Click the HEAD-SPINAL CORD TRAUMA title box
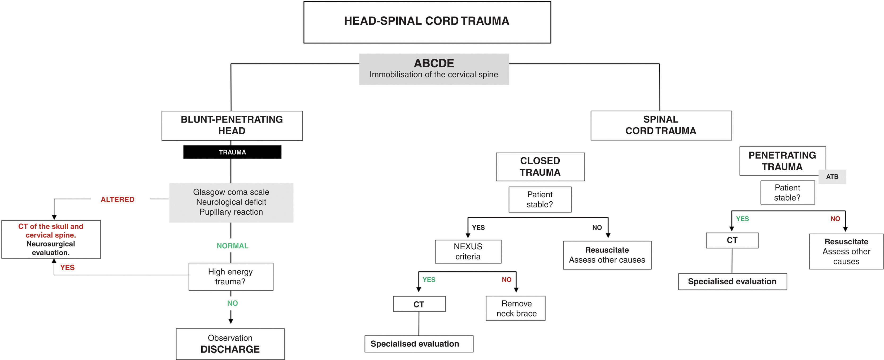click(427, 22)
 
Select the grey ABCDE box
click(434, 69)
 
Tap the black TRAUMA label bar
click(232, 152)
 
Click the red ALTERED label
click(117, 199)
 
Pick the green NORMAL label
click(232, 246)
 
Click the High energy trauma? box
click(230, 277)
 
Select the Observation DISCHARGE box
click(230, 344)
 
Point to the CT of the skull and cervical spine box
click(51, 239)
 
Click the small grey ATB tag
click(832, 177)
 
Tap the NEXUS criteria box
click(468, 251)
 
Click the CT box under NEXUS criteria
click(419, 304)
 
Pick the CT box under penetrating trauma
click(732, 240)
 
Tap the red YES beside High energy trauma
click(67, 267)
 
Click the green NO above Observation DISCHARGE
click(232, 303)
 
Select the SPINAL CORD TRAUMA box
click(661, 125)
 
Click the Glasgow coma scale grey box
click(231, 202)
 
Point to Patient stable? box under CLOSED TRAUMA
click(539, 199)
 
